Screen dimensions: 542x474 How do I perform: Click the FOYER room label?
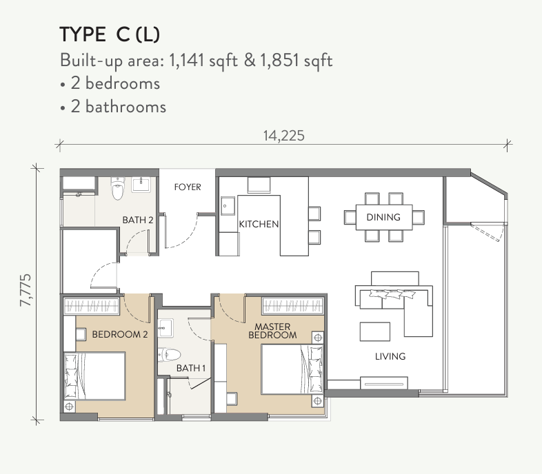pos(188,187)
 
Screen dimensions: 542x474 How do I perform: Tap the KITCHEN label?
pos(259,224)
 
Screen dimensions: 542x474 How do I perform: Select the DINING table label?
pos(383,217)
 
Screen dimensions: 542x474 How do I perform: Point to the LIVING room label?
pos(390,356)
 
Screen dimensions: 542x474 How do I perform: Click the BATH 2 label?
pos(138,220)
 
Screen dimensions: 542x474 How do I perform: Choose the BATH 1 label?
pos(191,369)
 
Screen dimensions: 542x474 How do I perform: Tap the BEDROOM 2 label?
pos(119,334)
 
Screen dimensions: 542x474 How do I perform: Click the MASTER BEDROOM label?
pos(272,331)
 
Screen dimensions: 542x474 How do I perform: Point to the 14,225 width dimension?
pos(284,136)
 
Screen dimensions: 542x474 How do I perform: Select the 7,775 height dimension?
pos(26,290)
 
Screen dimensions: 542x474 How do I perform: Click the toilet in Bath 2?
pos(118,189)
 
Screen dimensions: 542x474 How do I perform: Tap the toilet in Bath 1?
pos(170,355)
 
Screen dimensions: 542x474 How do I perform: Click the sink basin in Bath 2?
pos(141,185)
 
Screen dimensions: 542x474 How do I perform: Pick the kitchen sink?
pos(228,205)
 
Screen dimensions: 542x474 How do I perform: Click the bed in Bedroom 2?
pos(94,376)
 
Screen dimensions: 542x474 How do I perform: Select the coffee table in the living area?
pos(375,331)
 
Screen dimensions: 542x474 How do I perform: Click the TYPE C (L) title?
pos(110,34)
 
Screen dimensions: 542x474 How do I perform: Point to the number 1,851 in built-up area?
pos(279,61)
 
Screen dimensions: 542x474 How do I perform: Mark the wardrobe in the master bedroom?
pos(293,306)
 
